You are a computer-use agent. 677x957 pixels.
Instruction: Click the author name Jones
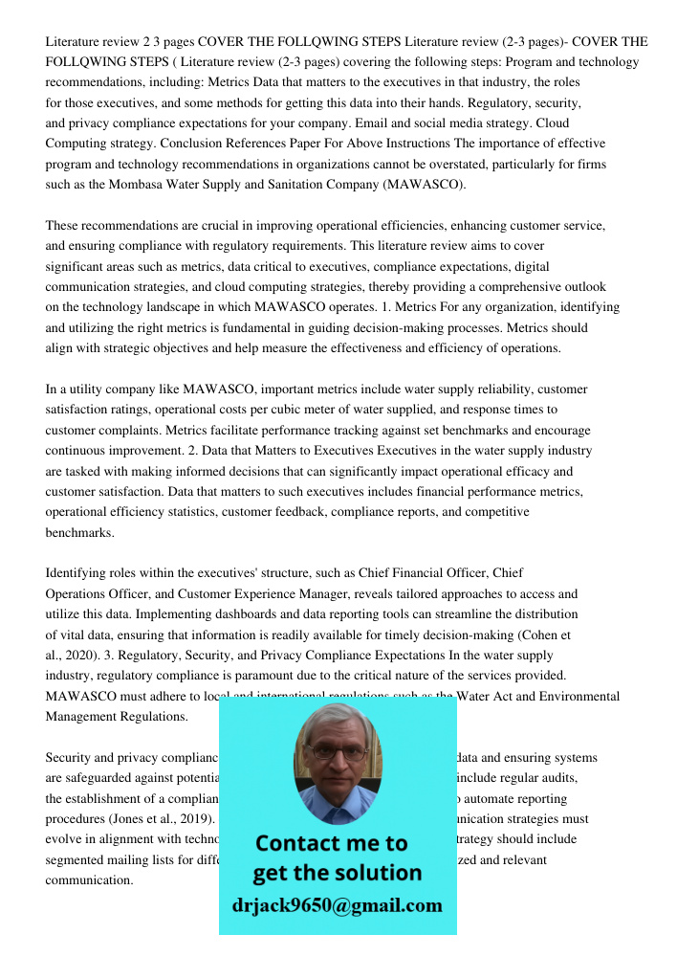pos(126,819)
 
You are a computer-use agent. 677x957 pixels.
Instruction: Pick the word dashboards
pos(314,614)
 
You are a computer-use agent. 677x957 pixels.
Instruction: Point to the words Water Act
pos(483,697)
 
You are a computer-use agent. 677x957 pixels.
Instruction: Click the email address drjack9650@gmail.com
pos(337,905)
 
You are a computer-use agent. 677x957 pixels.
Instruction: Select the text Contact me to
pos(331,843)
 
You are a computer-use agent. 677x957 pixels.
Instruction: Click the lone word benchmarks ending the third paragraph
pos(79,533)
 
